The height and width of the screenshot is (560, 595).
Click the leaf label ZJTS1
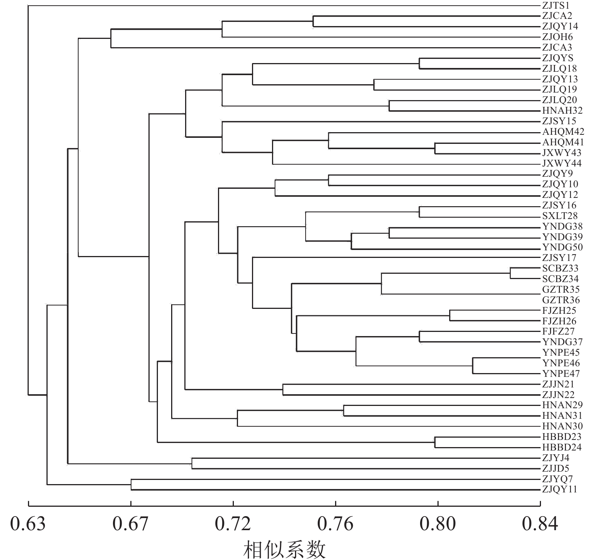tap(555, 6)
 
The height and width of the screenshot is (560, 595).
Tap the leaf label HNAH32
tap(562, 111)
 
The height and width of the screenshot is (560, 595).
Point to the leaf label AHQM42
tap(563, 132)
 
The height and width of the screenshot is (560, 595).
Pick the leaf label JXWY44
tap(562, 164)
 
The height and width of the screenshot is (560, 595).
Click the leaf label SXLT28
tap(560, 216)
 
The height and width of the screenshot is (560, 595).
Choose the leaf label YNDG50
tap(562, 247)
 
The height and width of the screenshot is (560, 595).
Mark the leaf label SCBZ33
tap(560, 268)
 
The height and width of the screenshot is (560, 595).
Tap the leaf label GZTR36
tap(561, 300)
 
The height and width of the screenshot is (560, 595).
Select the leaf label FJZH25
tap(559, 311)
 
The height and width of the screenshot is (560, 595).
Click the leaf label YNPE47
tap(561, 374)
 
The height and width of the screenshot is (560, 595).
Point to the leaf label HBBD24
tap(562, 447)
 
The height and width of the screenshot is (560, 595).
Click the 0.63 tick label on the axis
tap(28, 524)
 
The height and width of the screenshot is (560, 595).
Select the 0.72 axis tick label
tap(233, 524)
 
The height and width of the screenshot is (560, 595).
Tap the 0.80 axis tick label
tap(438, 524)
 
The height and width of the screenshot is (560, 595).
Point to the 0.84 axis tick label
tap(540, 524)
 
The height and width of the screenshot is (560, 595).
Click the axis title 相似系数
tap(284, 549)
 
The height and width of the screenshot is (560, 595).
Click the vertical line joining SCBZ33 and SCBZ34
tap(510, 273)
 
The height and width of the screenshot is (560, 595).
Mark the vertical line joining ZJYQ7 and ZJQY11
tap(131, 484)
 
